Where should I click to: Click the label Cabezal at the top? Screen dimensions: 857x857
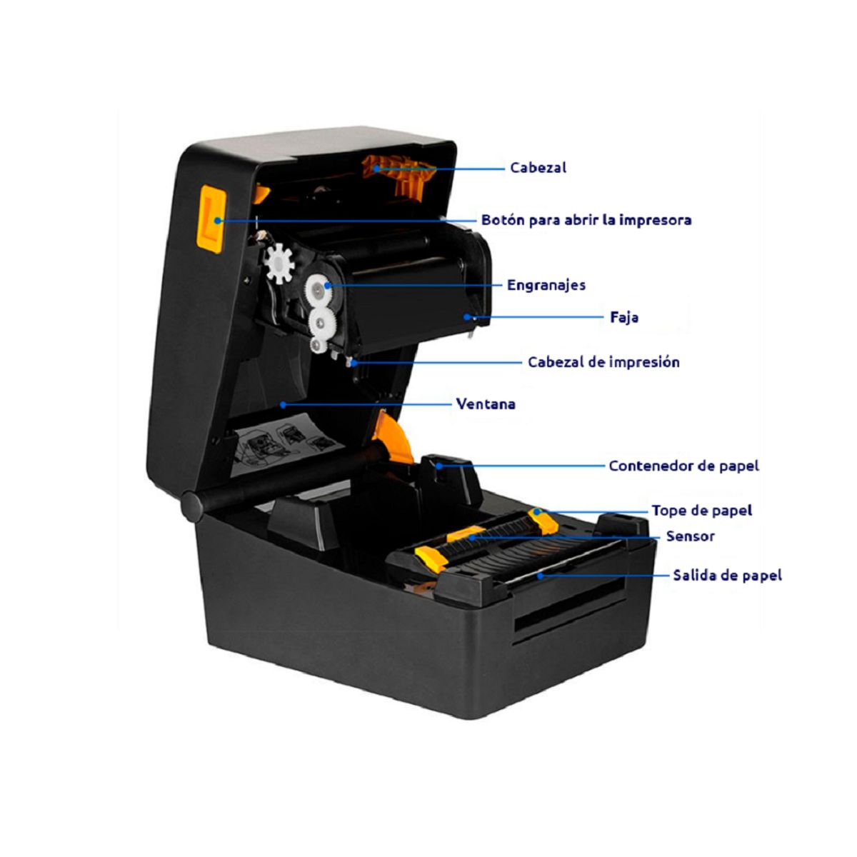(x=538, y=168)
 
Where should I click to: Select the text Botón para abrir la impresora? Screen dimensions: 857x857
(x=586, y=220)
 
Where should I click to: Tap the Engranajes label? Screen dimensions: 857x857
(x=546, y=285)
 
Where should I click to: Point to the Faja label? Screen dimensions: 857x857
(x=624, y=317)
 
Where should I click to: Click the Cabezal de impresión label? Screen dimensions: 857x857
(x=603, y=362)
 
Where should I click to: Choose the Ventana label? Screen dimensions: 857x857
(x=486, y=404)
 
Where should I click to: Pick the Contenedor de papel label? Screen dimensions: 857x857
(x=683, y=466)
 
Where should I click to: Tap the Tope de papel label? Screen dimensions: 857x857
(x=701, y=511)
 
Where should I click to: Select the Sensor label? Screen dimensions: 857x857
(x=690, y=536)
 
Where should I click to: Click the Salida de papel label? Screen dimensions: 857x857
(x=727, y=575)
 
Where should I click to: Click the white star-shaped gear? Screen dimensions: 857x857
(x=279, y=262)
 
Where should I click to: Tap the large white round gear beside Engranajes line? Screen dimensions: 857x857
(x=318, y=289)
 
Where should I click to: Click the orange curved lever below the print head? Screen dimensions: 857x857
(x=392, y=436)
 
